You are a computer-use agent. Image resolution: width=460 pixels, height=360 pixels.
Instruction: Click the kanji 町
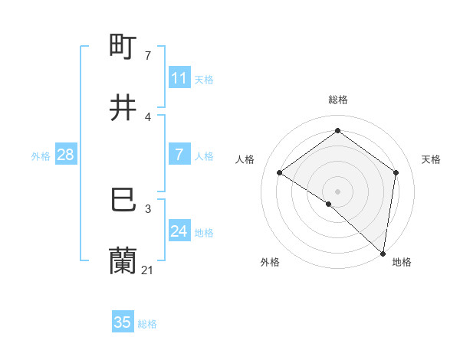[123, 48]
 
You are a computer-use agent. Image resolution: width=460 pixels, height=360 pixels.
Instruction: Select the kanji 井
[123, 109]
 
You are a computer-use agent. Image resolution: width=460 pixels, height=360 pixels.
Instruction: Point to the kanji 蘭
[123, 261]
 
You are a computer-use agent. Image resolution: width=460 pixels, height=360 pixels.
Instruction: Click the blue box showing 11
[179, 78]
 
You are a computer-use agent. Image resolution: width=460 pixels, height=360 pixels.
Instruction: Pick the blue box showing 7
[179, 155]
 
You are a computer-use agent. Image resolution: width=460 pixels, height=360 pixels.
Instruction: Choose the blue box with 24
[179, 231]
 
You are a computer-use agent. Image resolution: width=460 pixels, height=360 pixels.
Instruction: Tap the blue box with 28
[65, 155]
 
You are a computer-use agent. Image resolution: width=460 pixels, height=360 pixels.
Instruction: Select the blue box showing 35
[123, 322]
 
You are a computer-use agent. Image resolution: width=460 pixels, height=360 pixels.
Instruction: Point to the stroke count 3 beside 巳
[148, 208]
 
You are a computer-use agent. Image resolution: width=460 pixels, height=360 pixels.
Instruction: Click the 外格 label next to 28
[41, 155]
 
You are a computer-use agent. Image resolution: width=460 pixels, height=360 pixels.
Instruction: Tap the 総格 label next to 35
[147, 323]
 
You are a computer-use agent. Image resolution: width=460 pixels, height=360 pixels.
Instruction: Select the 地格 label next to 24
[204, 232]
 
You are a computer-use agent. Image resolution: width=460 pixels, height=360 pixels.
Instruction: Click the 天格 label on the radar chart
[432, 159]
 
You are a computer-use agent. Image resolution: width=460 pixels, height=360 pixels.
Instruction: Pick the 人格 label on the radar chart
[246, 159]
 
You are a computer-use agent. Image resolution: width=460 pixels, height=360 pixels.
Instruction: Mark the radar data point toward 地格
[383, 252]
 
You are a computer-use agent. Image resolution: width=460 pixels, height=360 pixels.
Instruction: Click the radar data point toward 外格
[328, 204]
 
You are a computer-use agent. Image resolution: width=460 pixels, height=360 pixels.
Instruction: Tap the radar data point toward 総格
[337, 130]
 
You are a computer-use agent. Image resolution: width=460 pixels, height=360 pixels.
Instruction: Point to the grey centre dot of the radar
[337, 191]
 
